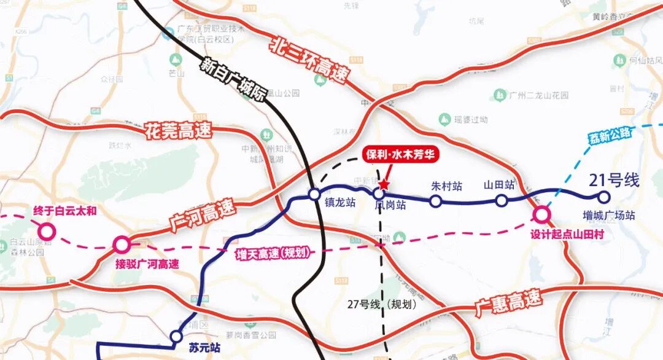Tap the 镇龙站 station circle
tap(314, 195)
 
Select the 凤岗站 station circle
tap(379, 194)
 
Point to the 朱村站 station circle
tap(435, 200)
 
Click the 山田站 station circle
tap(502, 200)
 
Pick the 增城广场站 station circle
tap(603, 197)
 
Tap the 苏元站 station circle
tap(176, 336)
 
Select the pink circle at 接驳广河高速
tap(122, 245)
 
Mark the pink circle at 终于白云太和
tap(46, 232)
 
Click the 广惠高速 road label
tap(509, 303)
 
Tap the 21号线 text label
tap(614, 180)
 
